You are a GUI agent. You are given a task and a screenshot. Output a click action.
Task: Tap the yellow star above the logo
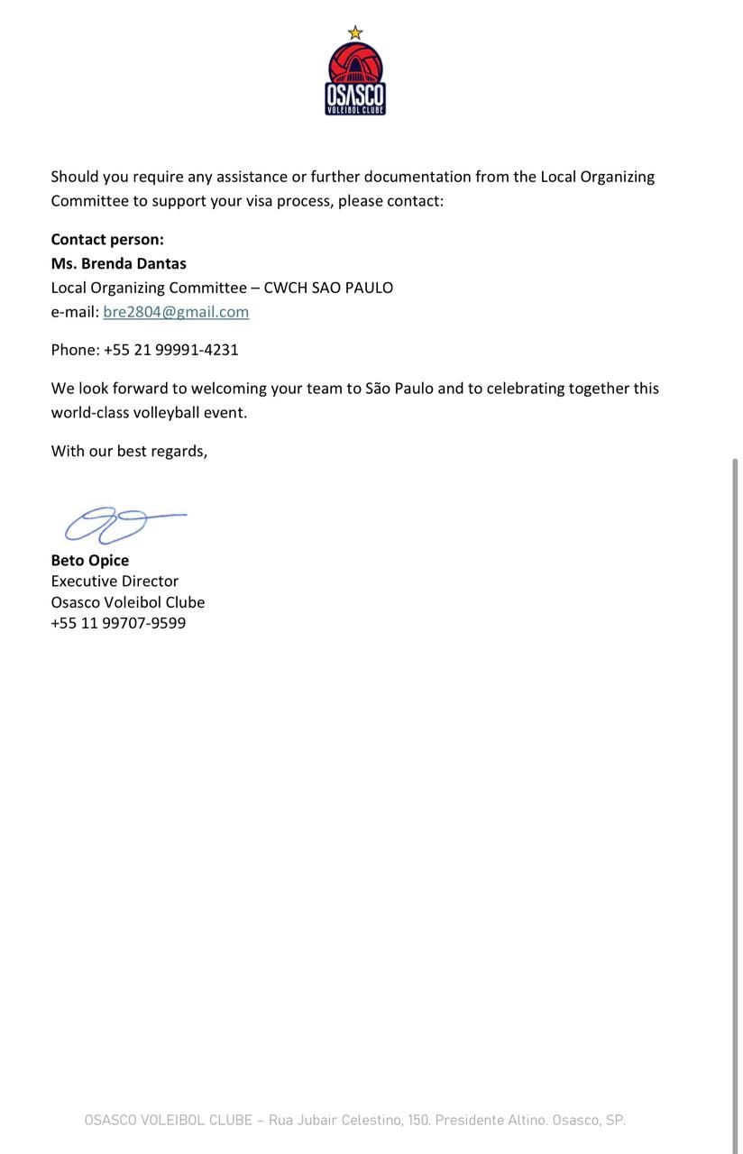355,33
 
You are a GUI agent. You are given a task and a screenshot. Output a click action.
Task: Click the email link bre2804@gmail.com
176,312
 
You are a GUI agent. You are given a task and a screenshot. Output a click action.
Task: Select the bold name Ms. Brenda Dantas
118,263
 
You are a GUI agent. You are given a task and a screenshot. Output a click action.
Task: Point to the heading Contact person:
107,239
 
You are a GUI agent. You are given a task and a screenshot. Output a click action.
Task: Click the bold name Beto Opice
89,560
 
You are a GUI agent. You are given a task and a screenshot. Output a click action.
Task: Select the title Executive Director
115,582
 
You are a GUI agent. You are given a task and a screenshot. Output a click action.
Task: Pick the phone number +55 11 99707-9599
118,623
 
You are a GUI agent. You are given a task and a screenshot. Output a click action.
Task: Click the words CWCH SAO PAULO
328,288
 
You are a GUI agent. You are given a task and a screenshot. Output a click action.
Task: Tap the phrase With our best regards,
129,451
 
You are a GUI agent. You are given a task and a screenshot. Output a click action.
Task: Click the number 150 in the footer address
417,1121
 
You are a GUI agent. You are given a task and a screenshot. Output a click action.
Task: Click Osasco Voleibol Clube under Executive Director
127,602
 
